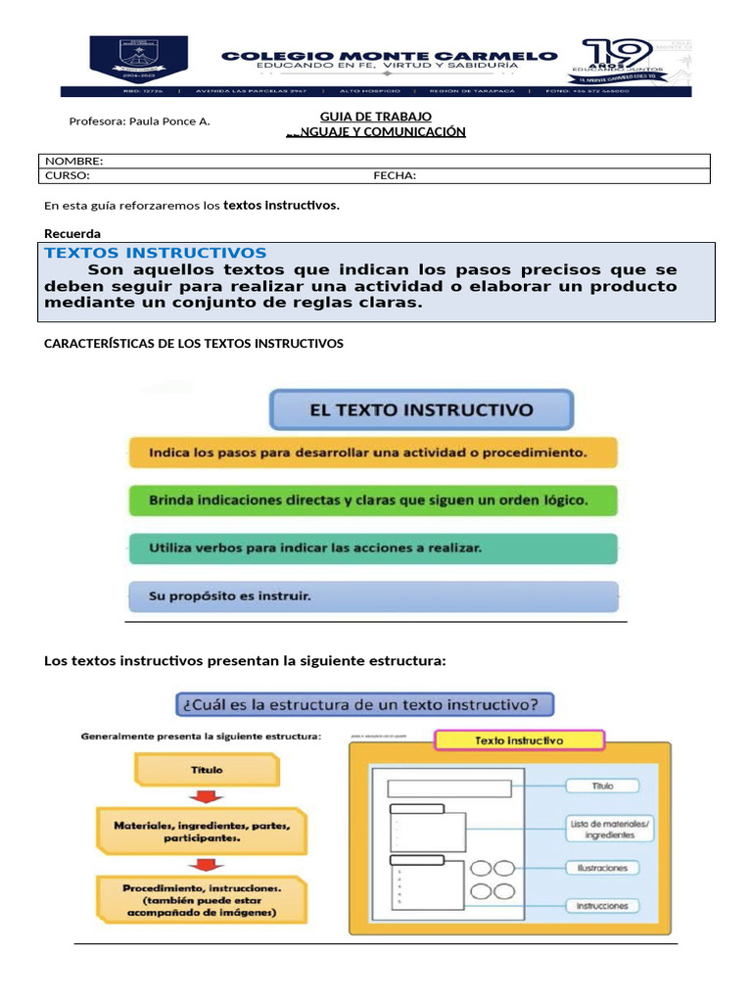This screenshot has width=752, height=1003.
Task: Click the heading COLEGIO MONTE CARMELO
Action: coord(390,56)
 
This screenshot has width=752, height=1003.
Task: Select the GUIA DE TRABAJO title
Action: coord(376,117)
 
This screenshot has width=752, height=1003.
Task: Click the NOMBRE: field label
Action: coord(74,161)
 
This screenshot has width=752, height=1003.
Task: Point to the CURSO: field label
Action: coord(68,175)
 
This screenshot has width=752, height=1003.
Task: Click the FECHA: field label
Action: coord(395,175)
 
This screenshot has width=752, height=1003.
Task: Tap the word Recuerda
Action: coord(72,233)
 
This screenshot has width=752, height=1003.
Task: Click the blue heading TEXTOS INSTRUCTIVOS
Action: coord(155,253)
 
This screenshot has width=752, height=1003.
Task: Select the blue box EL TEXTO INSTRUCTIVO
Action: coord(422,410)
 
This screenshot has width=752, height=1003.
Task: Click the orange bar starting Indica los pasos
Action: coord(373,454)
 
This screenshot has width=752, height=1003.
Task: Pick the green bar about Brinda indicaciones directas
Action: coord(373,500)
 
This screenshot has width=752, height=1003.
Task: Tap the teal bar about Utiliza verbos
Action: coord(373,548)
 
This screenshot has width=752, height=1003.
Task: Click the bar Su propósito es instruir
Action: coord(373,596)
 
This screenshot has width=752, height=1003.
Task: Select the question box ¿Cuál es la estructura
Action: coord(364,703)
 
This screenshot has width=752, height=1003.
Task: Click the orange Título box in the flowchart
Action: coord(207,770)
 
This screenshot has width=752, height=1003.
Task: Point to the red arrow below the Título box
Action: coord(207,795)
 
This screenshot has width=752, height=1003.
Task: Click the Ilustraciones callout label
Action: coord(602,868)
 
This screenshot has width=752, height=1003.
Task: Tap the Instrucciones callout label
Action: coord(602,906)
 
